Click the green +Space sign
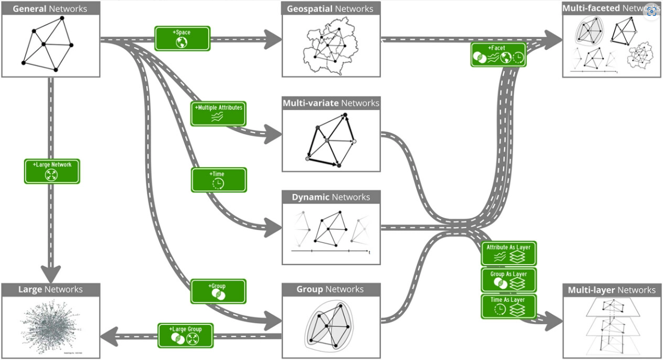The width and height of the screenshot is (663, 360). tap(182, 38)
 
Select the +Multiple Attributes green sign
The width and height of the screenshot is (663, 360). tap(218, 113)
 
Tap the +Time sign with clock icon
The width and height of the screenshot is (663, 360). tap(218, 180)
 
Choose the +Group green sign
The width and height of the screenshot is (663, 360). tap(218, 292)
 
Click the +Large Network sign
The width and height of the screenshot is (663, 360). tap(52, 171)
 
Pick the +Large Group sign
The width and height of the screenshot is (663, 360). tap(185, 335)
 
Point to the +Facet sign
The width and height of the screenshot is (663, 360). tap(498, 55)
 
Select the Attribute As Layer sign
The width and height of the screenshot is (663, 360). tap(508, 253)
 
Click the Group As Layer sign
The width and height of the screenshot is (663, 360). tap(508, 280)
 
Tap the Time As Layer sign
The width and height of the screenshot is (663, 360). tap(508, 306)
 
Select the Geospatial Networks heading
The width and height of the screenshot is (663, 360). tap(330, 9)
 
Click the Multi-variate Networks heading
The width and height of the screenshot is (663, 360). tap(331, 103)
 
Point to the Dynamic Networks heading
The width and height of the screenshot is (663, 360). tap(331, 197)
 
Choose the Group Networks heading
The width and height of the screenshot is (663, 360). tap(330, 289)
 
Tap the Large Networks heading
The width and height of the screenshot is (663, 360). tap(50, 289)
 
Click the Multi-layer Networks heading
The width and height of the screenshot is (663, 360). tap(611, 290)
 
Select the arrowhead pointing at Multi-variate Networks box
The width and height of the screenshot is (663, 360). tap(272, 134)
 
